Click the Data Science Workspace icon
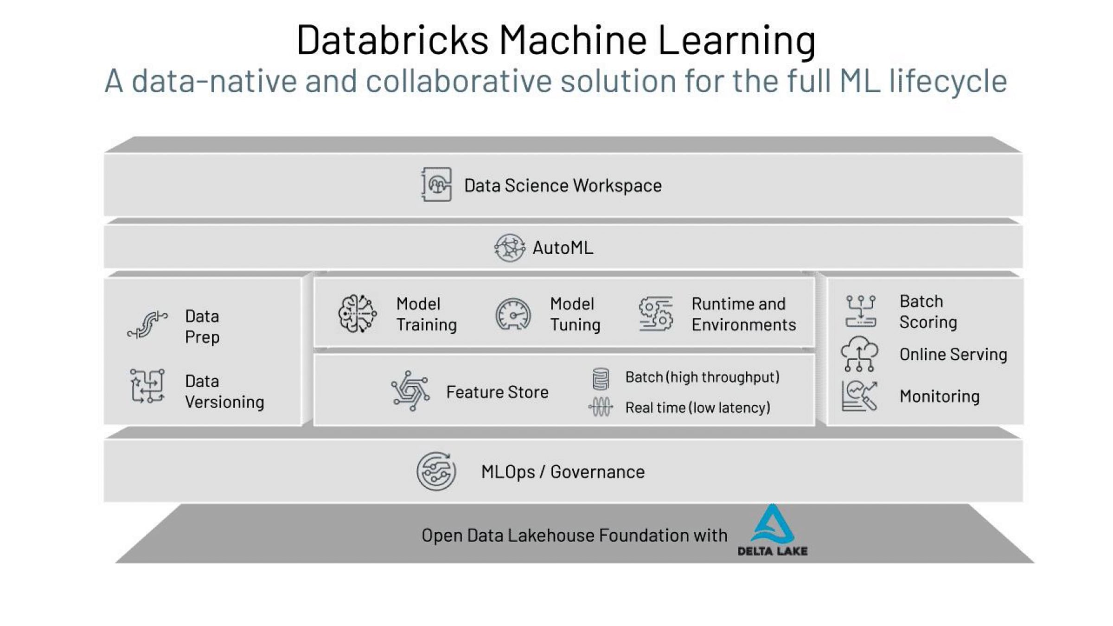click(436, 185)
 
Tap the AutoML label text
click(563, 248)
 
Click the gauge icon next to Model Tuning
click(513, 314)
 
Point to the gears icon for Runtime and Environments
click(655, 314)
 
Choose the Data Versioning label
click(224, 391)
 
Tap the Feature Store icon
click(410, 391)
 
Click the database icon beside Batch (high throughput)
click(601, 378)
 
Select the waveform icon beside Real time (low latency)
click(601, 408)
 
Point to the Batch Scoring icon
click(860, 311)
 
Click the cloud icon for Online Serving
click(859, 354)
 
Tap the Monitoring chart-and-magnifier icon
click(859, 396)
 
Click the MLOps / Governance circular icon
click(436, 471)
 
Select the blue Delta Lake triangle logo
click(772, 524)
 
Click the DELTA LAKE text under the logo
click(772, 551)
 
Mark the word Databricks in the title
click(392, 40)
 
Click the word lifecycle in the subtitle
click(948, 81)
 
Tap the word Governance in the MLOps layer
click(597, 472)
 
